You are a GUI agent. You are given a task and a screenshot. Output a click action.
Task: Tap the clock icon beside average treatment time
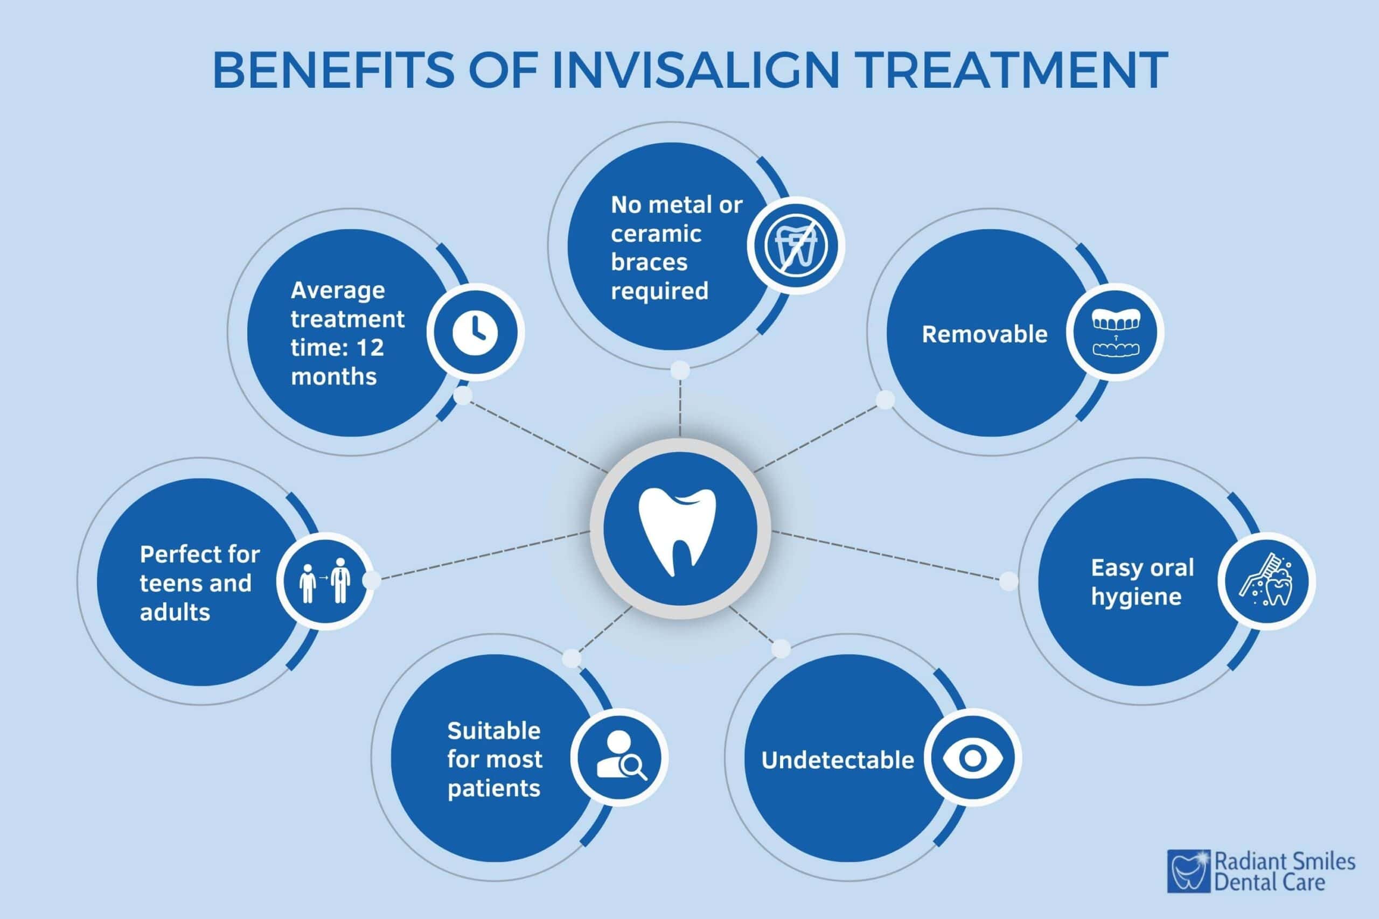[475, 332]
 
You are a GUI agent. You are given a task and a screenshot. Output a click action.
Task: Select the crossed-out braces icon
[796, 245]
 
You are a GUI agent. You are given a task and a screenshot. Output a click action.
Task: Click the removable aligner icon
[1115, 332]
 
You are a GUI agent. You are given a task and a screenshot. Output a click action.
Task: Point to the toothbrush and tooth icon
[1266, 581]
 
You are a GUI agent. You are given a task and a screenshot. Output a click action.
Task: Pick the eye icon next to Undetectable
[972, 758]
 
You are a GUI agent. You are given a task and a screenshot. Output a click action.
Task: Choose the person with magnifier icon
[619, 758]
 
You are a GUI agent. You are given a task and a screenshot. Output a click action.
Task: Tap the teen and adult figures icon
[324, 581]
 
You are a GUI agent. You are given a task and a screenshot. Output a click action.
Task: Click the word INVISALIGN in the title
[695, 71]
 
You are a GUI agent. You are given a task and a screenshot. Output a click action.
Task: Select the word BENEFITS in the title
[333, 71]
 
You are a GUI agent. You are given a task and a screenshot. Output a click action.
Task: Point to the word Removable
[984, 335]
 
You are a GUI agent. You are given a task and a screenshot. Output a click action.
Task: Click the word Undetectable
[837, 760]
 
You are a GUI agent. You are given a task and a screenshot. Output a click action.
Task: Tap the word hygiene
[1136, 597]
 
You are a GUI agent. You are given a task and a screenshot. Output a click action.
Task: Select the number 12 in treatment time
[370, 348]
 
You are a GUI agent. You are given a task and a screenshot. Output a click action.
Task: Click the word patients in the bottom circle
[493, 788]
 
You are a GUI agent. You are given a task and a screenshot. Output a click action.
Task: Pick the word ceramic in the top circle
[656, 234]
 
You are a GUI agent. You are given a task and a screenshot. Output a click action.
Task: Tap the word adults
[175, 613]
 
